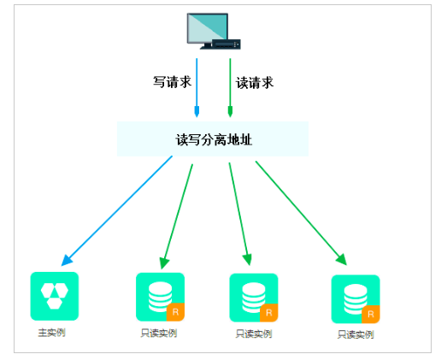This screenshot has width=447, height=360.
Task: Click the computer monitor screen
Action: [x=207, y=28]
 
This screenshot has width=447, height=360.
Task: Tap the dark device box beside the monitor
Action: [x=226, y=44]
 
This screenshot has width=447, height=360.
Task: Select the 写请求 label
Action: [x=172, y=82]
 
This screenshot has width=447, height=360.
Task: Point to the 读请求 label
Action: [x=255, y=83]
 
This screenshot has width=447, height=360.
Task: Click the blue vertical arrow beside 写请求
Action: [x=197, y=87]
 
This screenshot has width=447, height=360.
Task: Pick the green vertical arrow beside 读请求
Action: [x=230, y=87]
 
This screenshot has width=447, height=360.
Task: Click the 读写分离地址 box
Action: [x=213, y=139]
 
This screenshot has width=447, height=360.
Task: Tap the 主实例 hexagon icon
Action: [x=55, y=296]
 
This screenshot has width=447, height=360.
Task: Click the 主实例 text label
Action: [x=51, y=333]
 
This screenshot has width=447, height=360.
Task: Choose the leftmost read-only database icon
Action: [x=160, y=297]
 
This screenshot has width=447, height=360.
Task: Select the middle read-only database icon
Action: [x=254, y=298]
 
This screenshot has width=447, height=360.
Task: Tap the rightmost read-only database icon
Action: [x=356, y=299]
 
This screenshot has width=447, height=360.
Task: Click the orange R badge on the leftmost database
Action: [x=175, y=312]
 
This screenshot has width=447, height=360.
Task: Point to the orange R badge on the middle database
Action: [x=269, y=313]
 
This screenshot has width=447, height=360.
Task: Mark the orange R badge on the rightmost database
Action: [x=371, y=315]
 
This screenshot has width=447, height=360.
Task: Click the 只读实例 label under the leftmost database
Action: [x=159, y=333]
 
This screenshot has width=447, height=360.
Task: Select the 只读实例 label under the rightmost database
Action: [x=356, y=334]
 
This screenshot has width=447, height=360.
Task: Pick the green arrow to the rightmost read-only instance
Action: [x=301, y=213]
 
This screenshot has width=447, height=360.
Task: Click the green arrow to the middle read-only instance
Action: [x=240, y=214]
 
